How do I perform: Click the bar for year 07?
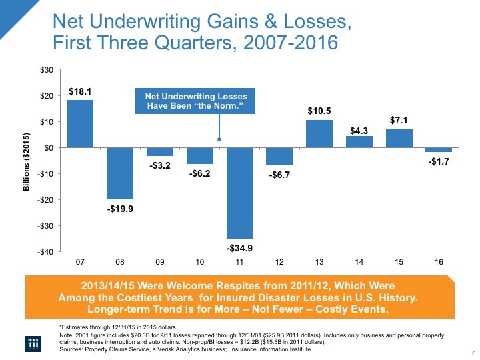tap(80, 124)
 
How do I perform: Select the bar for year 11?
tap(239, 193)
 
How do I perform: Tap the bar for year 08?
tap(120, 173)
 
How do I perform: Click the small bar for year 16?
tap(438, 150)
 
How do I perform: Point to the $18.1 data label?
tap(80, 92)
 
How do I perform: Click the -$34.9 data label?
tap(239, 249)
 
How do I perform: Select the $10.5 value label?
tap(319, 111)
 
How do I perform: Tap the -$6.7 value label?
tap(279, 176)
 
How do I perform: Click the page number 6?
tap(472, 353)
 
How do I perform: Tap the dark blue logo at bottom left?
tap(31, 341)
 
